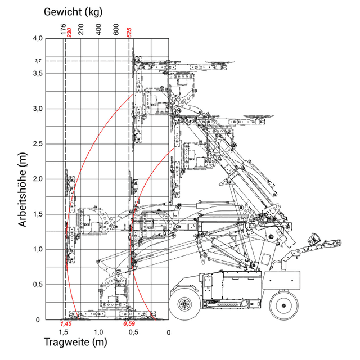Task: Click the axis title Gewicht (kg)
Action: coord(73,12)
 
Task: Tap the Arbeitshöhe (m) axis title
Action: coord(22,190)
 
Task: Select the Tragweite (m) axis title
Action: coord(75,342)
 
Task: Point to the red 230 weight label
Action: coord(69,33)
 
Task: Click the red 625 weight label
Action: coord(129,33)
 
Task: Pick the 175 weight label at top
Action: coord(63,29)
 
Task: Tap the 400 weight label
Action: coord(98,29)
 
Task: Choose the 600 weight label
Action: coord(116,29)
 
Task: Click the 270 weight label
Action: coord(81,29)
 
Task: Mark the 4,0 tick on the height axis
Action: coord(38,38)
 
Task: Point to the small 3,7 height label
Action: coord(38,61)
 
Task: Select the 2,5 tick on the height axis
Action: coord(38,144)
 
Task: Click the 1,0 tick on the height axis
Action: coord(38,249)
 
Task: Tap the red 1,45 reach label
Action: coord(66,324)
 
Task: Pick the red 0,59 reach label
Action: coord(129,324)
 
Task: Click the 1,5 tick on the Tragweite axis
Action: coord(64,332)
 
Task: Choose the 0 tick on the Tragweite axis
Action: coord(169,332)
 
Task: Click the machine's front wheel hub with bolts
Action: coord(184,304)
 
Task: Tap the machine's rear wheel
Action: coord(283,305)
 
